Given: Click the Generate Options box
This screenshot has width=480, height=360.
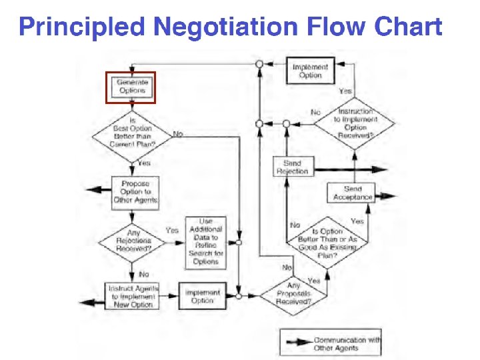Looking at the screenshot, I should pyautogui.click(x=131, y=87).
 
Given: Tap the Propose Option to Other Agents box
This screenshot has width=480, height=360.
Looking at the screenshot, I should pyautogui.click(x=135, y=191).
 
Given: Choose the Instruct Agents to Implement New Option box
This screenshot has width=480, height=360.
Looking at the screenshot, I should pyautogui.click(x=132, y=297).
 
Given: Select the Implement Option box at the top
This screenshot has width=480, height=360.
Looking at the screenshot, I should pyautogui.click(x=310, y=71).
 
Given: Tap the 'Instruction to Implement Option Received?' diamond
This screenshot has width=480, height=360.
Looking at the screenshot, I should pyautogui.click(x=355, y=123).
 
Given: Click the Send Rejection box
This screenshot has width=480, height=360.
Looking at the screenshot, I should pyautogui.click(x=292, y=167).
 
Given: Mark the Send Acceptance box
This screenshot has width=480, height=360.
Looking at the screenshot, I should pyautogui.click(x=353, y=193).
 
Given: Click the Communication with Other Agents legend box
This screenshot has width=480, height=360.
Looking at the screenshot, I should pyautogui.click(x=331, y=344).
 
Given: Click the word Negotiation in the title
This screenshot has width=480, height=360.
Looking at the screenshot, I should pyautogui.click(x=225, y=28).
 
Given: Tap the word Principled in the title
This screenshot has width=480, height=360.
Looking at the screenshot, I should pyautogui.click(x=81, y=28).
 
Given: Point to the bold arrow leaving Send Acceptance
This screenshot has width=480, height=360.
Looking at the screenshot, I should pyautogui.click(x=386, y=197).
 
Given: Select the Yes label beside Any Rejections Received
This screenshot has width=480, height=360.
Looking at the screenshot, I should pyautogui.click(x=171, y=230).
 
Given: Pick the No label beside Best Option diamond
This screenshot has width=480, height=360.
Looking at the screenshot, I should pyautogui.click(x=178, y=134).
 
